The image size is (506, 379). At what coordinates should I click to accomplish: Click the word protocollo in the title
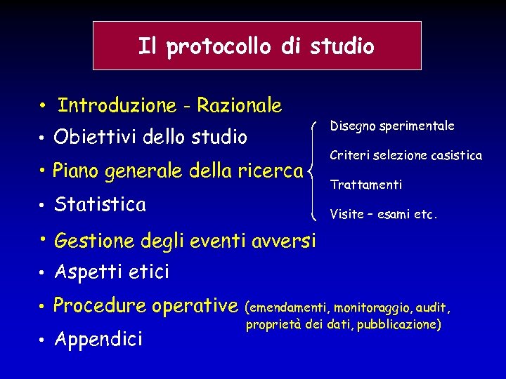[218, 47]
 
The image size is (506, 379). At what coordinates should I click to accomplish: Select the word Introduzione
[117, 105]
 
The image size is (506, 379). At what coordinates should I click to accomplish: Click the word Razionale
[239, 106]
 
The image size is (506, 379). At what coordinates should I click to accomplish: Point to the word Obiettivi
[95, 137]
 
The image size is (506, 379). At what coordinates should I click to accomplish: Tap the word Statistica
[100, 204]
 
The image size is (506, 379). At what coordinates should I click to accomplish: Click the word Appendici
[98, 340]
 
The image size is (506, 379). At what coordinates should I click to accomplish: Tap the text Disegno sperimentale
[392, 126]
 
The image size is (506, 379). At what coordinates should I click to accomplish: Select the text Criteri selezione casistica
[406, 155]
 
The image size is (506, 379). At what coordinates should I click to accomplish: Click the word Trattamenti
[366, 185]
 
